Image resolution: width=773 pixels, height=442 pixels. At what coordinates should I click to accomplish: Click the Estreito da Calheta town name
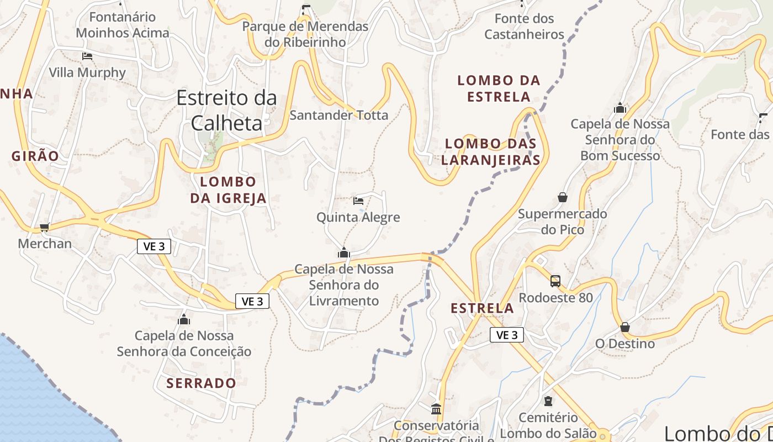click(226, 110)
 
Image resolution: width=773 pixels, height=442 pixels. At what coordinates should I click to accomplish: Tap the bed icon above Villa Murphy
click(87, 56)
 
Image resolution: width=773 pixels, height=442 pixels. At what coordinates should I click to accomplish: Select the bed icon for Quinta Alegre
click(358, 201)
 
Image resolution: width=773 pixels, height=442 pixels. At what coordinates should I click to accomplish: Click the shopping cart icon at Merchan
click(45, 227)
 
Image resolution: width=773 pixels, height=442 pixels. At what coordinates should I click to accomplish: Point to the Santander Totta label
click(339, 115)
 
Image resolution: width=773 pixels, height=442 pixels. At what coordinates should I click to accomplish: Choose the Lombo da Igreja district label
click(228, 190)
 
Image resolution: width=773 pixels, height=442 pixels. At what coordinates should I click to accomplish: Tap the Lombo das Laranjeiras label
click(491, 152)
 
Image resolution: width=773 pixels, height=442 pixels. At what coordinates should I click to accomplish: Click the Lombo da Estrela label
click(499, 88)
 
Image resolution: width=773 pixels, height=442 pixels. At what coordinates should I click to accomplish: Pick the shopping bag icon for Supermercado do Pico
click(562, 197)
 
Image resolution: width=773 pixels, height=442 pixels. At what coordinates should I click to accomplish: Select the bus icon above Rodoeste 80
click(555, 281)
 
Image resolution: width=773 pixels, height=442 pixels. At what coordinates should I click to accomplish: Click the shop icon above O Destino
click(625, 327)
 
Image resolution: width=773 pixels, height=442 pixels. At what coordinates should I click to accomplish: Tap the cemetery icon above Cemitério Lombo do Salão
click(548, 401)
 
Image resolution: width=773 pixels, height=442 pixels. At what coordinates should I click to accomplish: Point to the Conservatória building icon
click(436, 409)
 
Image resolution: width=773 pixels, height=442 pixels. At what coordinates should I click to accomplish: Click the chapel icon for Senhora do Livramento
click(343, 253)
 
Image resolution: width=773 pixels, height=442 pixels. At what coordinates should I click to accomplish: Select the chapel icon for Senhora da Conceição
click(184, 319)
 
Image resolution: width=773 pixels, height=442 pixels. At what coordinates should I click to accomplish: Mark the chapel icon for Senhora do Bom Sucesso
click(620, 108)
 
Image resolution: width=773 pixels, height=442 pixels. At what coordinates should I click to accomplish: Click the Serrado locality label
click(201, 383)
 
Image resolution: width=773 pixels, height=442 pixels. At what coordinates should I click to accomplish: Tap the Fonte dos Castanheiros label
click(524, 27)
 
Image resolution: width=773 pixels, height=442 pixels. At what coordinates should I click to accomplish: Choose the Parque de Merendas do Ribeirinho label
click(305, 34)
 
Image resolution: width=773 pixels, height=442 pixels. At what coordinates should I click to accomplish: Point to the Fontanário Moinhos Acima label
click(123, 25)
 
